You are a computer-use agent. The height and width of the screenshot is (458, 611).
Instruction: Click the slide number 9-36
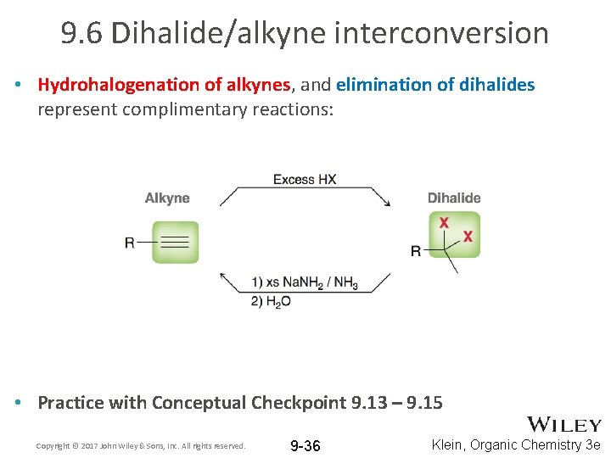click(305, 445)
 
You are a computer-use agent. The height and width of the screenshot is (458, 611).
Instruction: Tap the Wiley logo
click(564, 425)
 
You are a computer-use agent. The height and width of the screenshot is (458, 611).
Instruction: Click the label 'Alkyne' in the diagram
click(167, 198)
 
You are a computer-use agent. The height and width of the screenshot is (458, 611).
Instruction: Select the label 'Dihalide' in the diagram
click(453, 198)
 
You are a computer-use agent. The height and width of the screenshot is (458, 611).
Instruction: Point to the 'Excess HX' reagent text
click(304, 179)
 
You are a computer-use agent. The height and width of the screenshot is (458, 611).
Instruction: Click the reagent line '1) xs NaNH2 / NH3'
click(304, 282)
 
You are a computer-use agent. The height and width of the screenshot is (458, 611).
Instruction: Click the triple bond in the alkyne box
click(175, 243)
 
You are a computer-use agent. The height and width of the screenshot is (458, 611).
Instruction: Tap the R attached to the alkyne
click(130, 243)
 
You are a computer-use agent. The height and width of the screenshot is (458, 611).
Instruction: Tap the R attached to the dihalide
click(416, 251)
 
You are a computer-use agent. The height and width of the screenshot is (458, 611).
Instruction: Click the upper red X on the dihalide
click(443, 223)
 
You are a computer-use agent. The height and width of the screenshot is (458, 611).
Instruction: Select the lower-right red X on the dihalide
click(467, 238)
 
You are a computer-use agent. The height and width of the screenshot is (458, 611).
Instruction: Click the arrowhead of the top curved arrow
click(387, 202)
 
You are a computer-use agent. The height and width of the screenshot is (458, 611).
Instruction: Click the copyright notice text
click(141, 445)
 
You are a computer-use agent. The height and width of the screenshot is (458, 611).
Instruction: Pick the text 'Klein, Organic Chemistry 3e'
click(516, 444)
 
